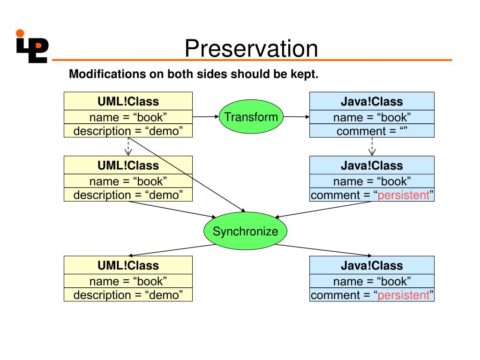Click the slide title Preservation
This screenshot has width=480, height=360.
(251, 48)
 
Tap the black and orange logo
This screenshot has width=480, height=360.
(32, 46)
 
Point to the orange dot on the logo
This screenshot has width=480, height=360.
(20, 33)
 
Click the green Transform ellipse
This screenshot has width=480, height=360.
(251, 117)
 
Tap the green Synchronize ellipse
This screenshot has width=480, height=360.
(245, 231)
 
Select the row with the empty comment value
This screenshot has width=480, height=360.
(372, 131)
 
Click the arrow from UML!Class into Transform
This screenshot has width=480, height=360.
(206, 117)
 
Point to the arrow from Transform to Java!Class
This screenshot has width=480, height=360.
(296, 117)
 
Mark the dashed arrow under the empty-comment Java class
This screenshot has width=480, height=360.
(372, 147)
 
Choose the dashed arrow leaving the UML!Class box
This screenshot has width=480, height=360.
(128, 147)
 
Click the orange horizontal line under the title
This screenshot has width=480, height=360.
(252, 60)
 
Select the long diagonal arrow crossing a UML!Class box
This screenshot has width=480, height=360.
(187, 175)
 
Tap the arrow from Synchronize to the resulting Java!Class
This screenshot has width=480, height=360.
(323, 250)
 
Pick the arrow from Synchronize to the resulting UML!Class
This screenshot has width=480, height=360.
(172, 250)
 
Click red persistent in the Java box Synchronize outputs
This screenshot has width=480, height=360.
(404, 295)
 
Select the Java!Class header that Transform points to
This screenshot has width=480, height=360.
(372, 101)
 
